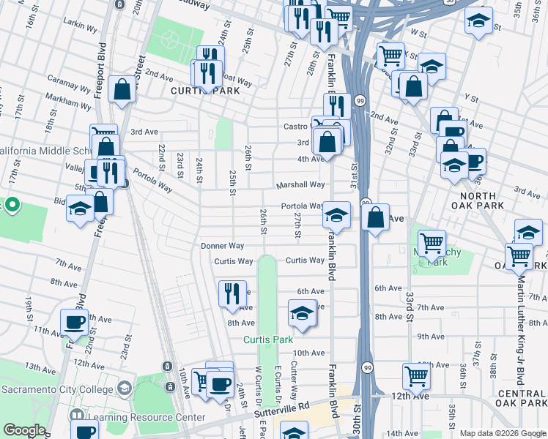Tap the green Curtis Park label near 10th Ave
pyautogui.click(x=268, y=340)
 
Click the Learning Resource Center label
pyautogui.click(x=147, y=418)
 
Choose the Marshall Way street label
pyautogui.click(x=300, y=185)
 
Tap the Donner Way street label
pyautogui.click(x=222, y=246)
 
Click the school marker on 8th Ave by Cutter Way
pyautogui.click(x=302, y=312)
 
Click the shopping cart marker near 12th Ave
pyautogui.click(x=416, y=376)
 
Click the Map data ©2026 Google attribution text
pyautogui.click(x=503, y=433)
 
